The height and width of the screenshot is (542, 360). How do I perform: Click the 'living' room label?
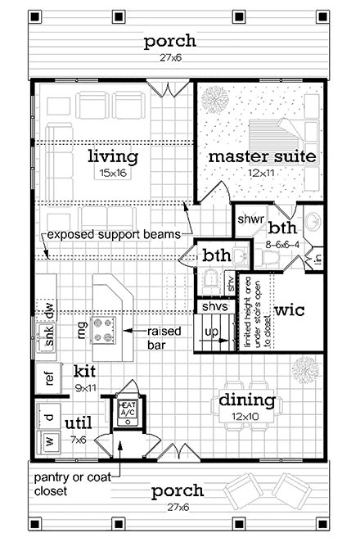[x=113, y=156]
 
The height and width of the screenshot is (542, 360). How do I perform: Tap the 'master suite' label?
[x=261, y=156]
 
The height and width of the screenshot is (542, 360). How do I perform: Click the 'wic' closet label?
[x=290, y=311]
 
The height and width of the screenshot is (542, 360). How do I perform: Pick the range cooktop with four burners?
[x=106, y=329]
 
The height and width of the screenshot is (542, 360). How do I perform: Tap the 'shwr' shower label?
[x=250, y=219]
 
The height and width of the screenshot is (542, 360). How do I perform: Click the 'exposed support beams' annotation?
[x=113, y=235]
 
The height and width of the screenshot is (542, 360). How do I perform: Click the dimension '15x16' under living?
[x=113, y=173]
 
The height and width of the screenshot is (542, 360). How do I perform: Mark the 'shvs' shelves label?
[x=214, y=306]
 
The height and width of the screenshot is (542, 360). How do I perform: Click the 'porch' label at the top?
[x=169, y=41]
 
